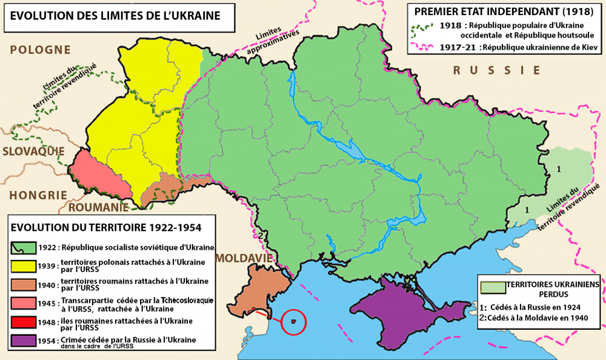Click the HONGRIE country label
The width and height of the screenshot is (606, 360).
click(x=37, y=195)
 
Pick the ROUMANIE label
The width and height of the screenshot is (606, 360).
click(x=98, y=207)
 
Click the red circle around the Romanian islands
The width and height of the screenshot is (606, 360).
click(x=293, y=322)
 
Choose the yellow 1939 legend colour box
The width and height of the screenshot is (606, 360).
click(x=20, y=264)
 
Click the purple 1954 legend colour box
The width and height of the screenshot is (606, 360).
click(x=20, y=341)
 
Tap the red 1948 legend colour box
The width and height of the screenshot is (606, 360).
click(x=20, y=322)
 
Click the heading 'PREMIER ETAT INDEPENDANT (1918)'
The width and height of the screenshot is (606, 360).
click(x=504, y=11)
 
